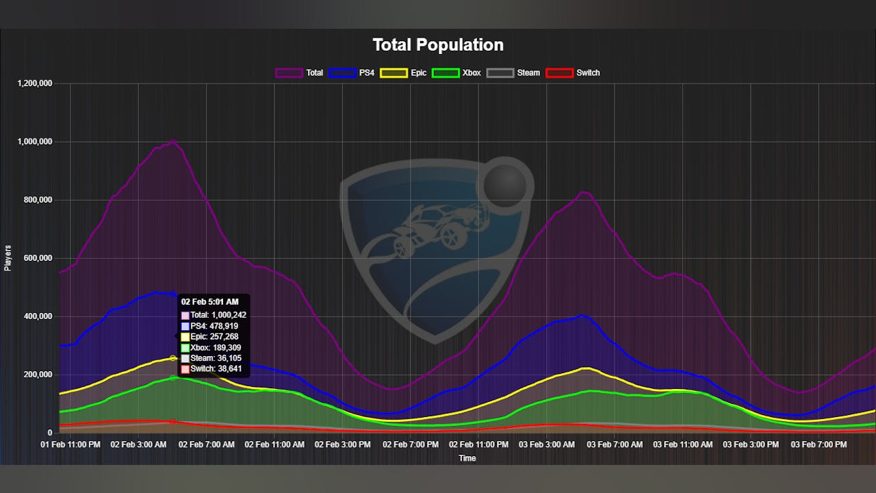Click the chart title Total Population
438,45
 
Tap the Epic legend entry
407,73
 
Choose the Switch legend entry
573,73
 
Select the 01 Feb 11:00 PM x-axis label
70,445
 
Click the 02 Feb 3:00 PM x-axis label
342,445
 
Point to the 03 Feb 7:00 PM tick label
819,445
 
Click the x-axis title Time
467,458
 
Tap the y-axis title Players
8,258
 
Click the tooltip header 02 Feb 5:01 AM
209,301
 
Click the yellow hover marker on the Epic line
173,358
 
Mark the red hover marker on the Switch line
172,422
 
